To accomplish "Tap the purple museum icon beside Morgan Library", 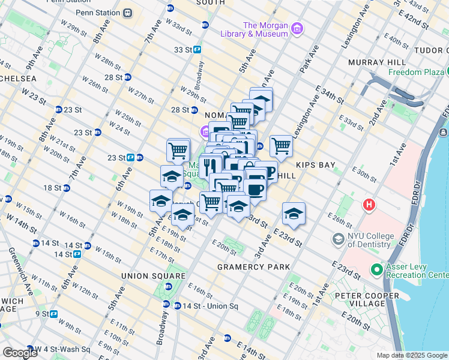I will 297,28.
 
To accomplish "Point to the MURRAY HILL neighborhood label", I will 376,62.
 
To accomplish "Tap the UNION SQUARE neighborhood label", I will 143,275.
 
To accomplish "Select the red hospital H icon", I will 369,205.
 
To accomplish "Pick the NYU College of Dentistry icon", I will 337,240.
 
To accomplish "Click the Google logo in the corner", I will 20,353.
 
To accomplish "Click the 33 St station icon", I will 196,50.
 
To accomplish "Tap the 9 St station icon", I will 53,313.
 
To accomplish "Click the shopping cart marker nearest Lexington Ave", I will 281,146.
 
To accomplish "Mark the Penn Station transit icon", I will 127,13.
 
